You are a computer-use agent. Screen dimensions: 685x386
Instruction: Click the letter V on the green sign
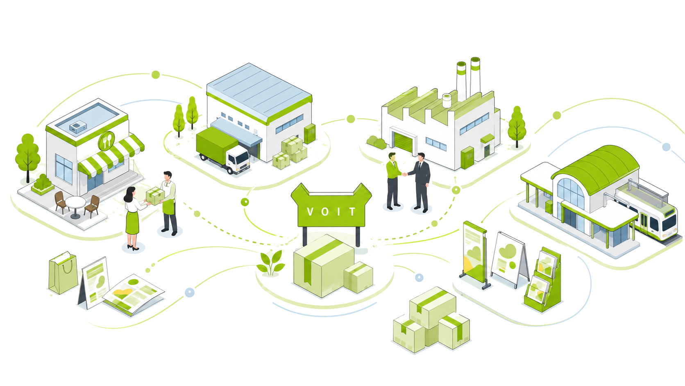pyautogui.click(x=310, y=211)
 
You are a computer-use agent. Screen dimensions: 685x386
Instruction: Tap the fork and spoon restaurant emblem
pyautogui.click(x=107, y=141)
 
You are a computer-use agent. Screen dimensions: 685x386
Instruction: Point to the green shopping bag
pyautogui.click(x=63, y=273)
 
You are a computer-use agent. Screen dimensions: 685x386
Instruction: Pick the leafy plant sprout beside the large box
pyautogui.click(x=270, y=263)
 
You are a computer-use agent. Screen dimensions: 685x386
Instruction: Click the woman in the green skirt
pyautogui.click(x=134, y=218)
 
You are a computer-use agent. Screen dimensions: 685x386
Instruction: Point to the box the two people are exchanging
pyautogui.click(x=155, y=196)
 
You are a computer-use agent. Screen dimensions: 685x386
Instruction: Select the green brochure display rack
pyautogui.click(x=543, y=280)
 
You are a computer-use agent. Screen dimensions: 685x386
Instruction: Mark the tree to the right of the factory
pyautogui.click(x=517, y=127)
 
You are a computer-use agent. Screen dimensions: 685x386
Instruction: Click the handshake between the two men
pyautogui.click(x=405, y=174)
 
